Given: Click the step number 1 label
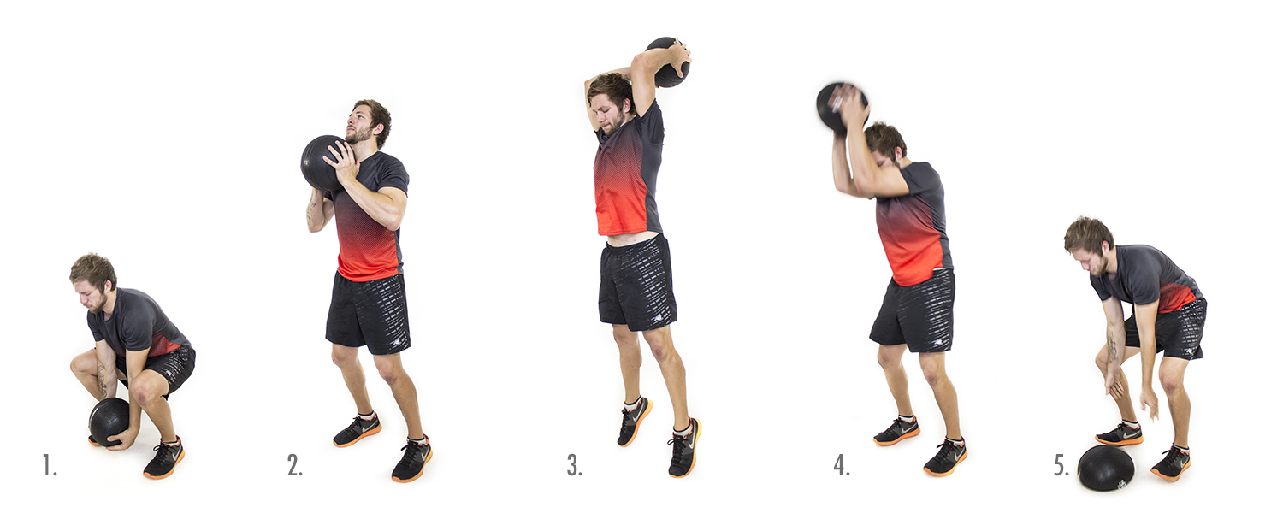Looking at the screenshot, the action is pos(50,465).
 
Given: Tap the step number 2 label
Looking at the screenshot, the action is pos(294,465).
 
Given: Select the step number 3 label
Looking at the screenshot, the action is pos(575,465).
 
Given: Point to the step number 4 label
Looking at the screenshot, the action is pos(842,465).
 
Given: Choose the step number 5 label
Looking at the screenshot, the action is pos(1061,465).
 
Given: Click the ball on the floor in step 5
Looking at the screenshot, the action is pos(1105,467).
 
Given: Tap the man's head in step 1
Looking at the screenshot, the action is pos(92,281).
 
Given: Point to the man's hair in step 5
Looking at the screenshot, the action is pos(1088,235).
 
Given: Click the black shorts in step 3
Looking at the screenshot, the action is pos(637,283).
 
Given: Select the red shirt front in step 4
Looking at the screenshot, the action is pos(908,240).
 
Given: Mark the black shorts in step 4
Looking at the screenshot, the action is pos(913,312).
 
